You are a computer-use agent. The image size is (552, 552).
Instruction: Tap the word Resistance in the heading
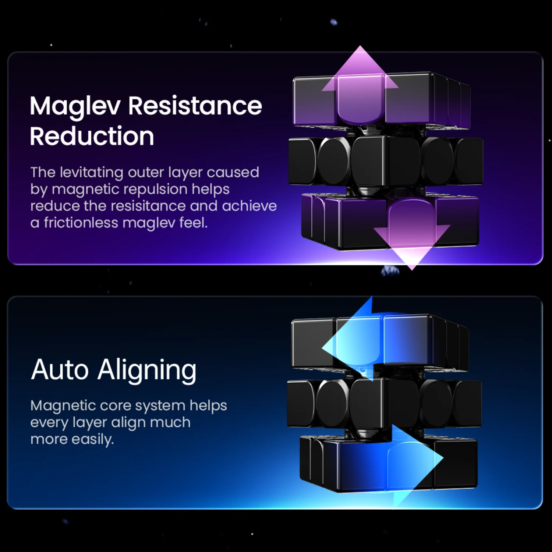(x=195, y=106)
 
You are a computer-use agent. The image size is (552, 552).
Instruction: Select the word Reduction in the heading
(x=92, y=136)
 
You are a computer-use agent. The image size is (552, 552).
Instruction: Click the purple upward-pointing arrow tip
(x=360, y=46)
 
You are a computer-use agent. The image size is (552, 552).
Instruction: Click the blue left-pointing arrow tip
(x=322, y=347)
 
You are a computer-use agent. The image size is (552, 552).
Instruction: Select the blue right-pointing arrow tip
(x=443, y=458)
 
